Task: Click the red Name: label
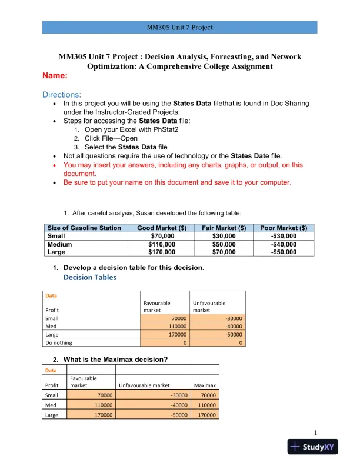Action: [55, 76]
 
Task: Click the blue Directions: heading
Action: [62, 95]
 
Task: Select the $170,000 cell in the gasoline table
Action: [162, 252]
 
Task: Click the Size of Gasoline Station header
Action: [84, 228]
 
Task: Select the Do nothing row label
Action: [58, 342]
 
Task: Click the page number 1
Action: [315, 433]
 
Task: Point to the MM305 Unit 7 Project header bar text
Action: [179, 27]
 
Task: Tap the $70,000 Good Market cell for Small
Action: [162, 236]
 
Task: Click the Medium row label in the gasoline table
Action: [60, 244]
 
